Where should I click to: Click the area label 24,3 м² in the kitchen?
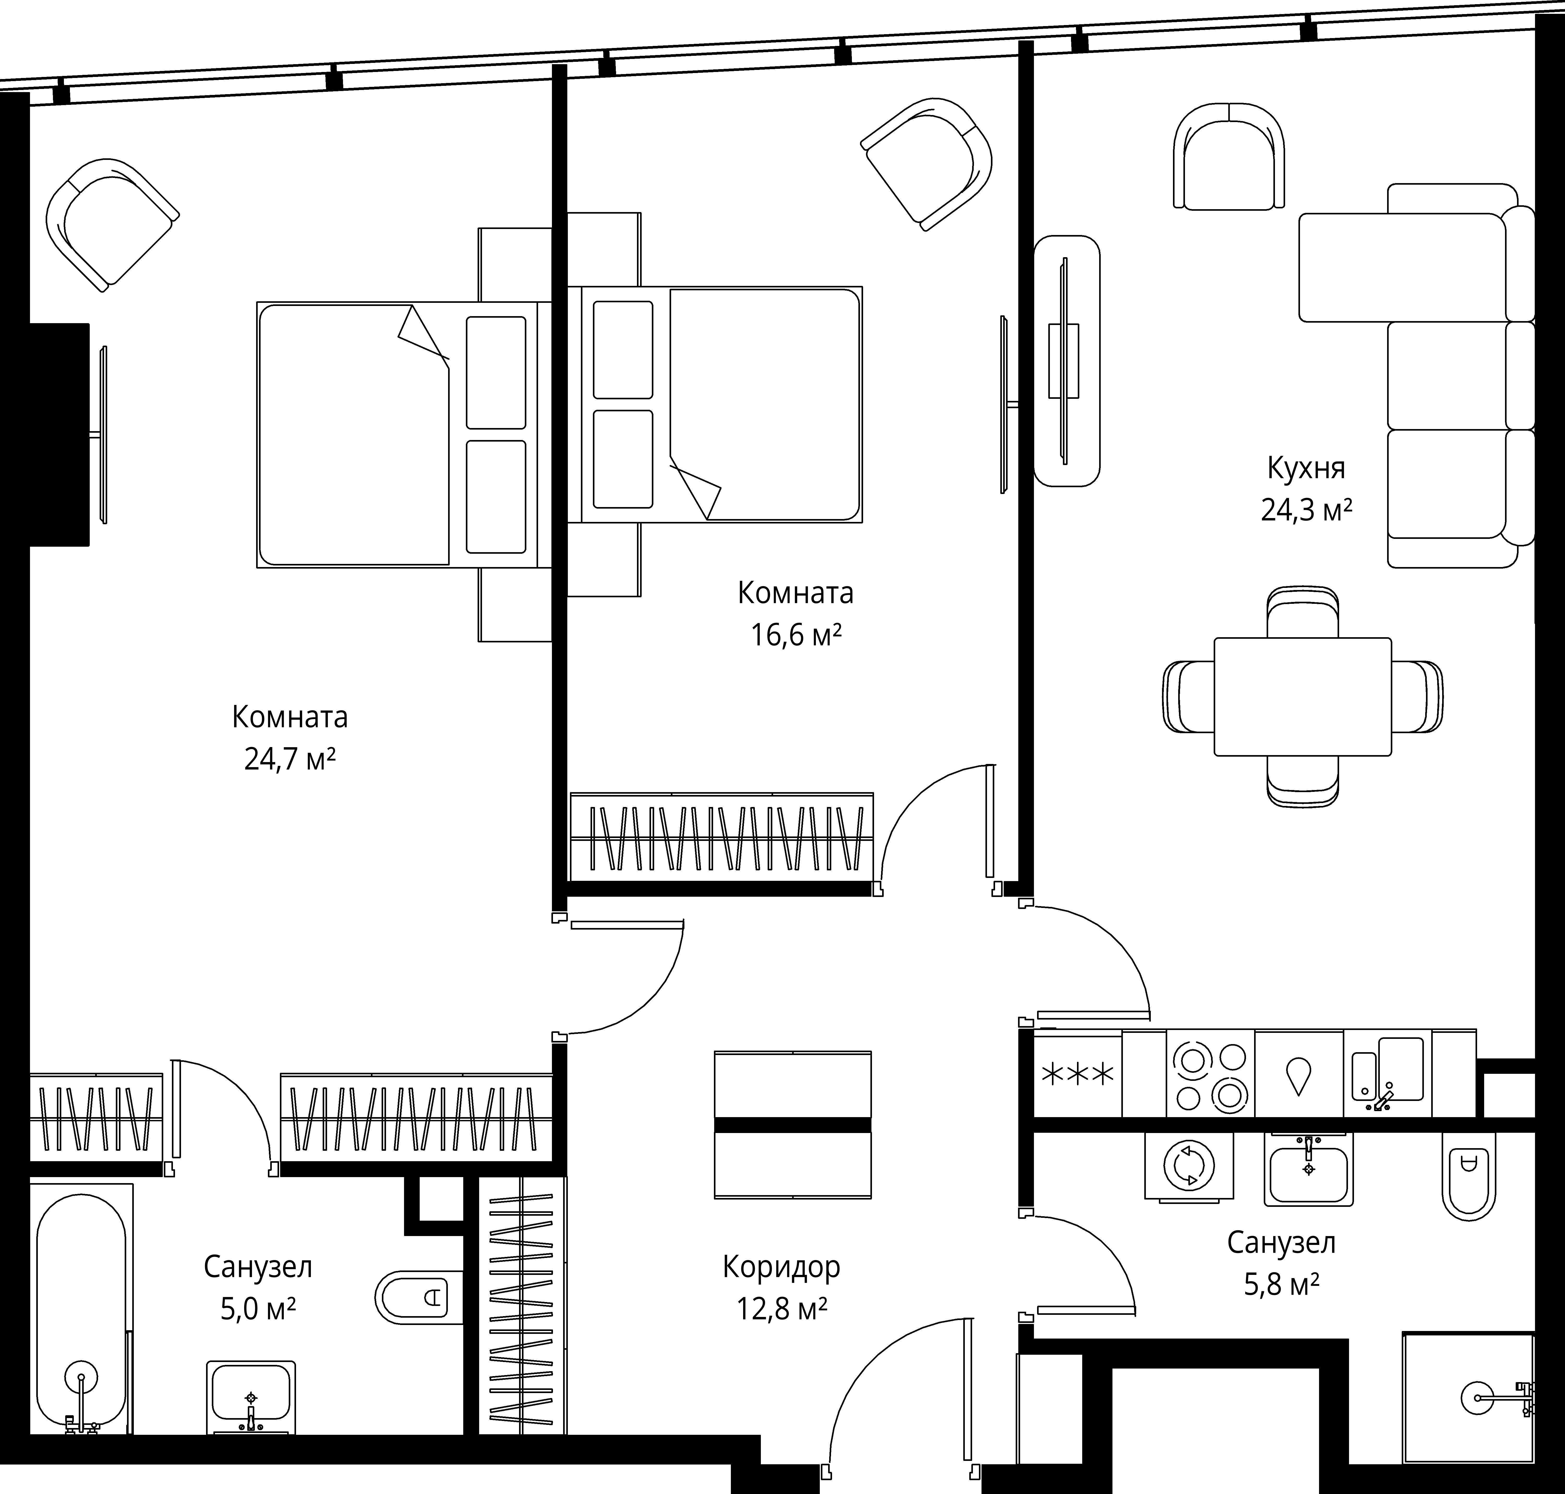click(1306, 510)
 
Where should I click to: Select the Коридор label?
click(781, 1266)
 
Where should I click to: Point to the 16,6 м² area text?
click(796, 636)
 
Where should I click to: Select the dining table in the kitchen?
click(1303, 696)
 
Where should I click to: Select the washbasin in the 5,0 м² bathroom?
click(251, 1397)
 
